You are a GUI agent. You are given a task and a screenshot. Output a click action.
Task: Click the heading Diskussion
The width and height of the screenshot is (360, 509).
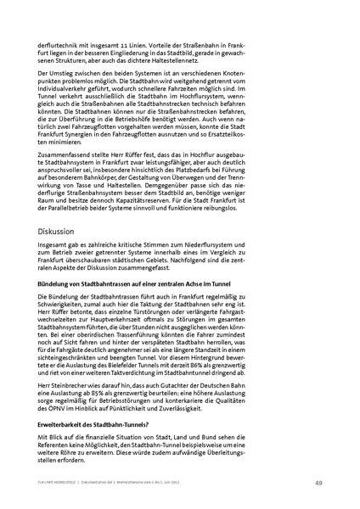click(55, 231)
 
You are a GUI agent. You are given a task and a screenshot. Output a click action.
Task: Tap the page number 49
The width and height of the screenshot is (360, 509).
click(317, 482)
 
